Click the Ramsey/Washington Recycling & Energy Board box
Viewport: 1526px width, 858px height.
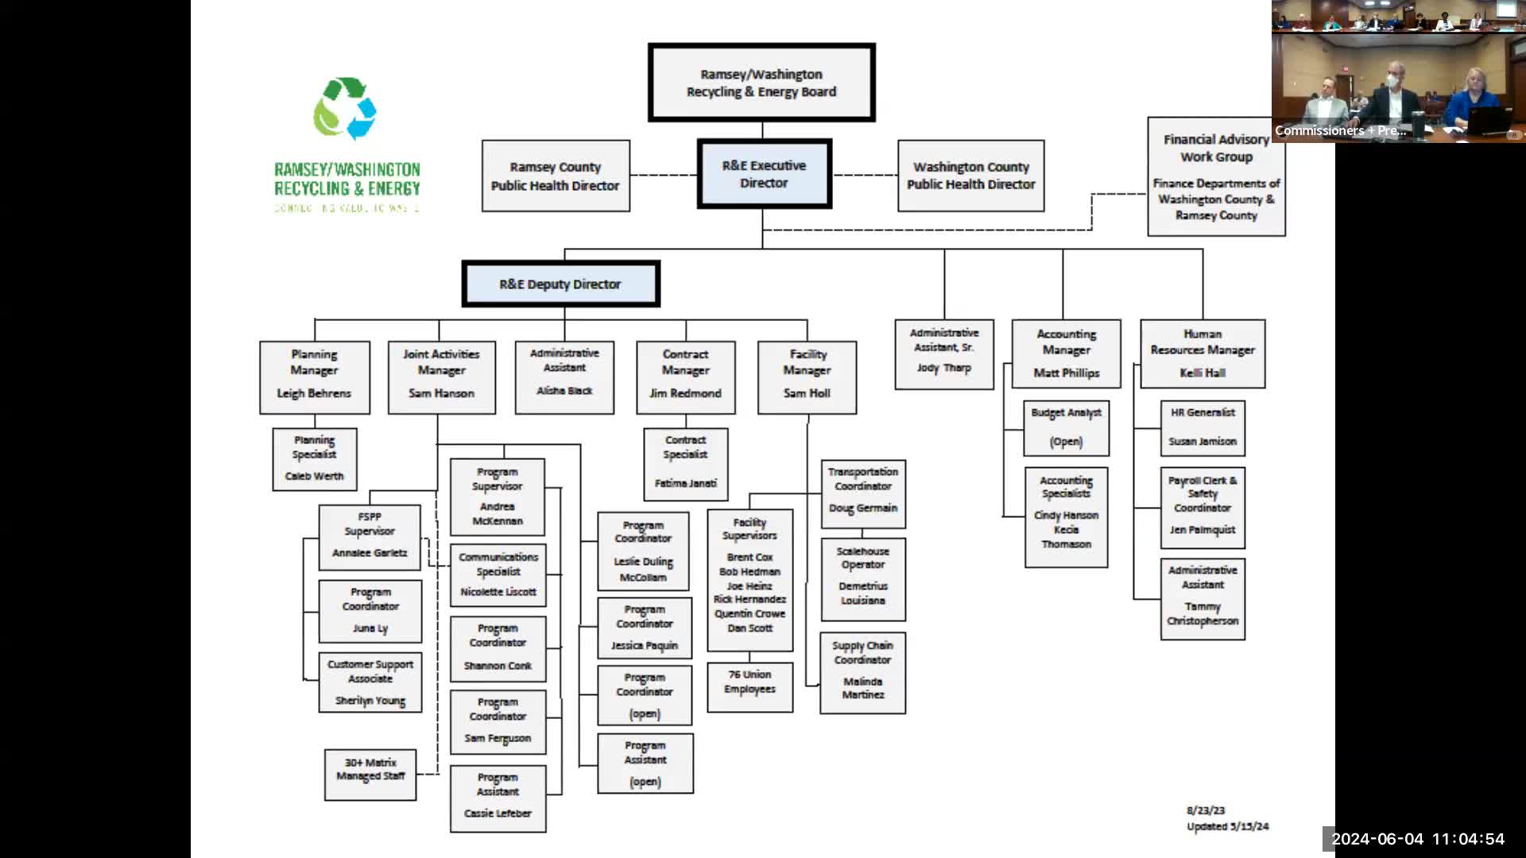point(761,83)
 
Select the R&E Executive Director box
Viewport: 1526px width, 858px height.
point(764,174)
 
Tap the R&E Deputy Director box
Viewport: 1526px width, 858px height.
point(560,284)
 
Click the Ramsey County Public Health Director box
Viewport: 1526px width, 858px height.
point(556,176)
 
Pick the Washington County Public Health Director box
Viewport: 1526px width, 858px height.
point(970,176)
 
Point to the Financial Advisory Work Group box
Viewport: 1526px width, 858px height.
point(1216,176)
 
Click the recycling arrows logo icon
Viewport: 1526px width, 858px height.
point(345,109)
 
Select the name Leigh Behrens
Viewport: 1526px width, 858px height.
point(314,393)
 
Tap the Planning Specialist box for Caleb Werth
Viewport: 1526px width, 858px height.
point(315,458)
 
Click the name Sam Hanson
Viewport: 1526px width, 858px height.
point(441,393)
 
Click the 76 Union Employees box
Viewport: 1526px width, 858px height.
point(749,686)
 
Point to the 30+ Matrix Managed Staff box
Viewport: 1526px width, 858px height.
point(370,774)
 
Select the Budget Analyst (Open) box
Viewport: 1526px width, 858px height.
point(1066,427)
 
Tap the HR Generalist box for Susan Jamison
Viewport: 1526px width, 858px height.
point(1203,427)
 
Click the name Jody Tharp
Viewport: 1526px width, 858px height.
point(943,368)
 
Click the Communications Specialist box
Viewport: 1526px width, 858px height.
point(498,574)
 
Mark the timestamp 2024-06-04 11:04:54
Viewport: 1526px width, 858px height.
point(1418,839)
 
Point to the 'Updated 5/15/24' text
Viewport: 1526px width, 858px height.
point(1228,826)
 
